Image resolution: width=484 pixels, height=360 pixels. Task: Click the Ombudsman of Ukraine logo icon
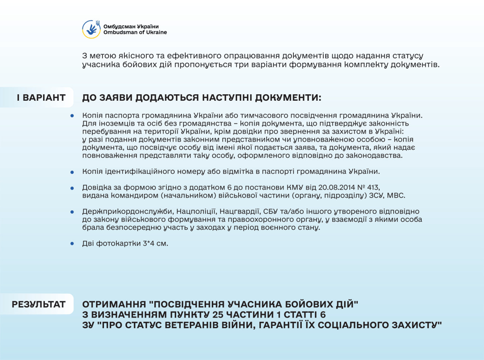click(x=91, y=29)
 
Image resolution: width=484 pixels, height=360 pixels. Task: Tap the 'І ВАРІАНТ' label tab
click(x=41, y=98)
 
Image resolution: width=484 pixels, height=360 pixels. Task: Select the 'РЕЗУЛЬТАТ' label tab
click(x=39, y=304)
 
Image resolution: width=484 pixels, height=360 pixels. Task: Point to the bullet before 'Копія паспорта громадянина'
click(x=72, y=115)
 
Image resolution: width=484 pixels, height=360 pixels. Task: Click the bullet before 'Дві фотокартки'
click(x=72, y=244)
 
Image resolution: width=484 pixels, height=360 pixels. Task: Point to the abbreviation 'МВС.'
click(x=395, y=195)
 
